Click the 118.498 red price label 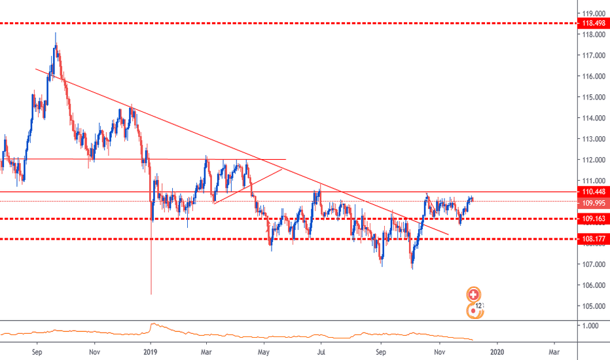[594, 24]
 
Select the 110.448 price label [594, 192]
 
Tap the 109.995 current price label [594, 202]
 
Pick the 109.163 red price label [594, 219]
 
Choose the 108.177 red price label [594, 239]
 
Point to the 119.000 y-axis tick [594, 13]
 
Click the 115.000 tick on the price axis [594, 97]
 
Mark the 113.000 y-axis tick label [594, 139]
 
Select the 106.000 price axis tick [594, 285]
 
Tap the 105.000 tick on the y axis [594, 306]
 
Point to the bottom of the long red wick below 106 [151, 293]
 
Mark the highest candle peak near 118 [56, 33]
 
